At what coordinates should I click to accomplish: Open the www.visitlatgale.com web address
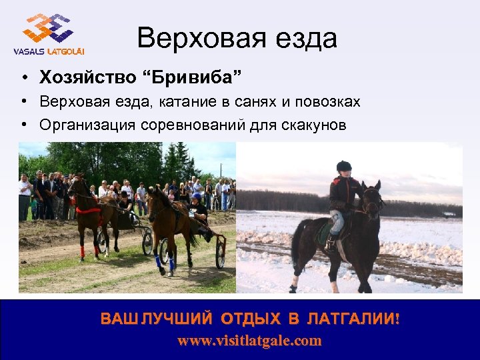point(249,341)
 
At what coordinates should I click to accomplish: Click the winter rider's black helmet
point(343,166)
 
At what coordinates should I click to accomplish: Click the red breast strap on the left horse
point(87,211)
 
